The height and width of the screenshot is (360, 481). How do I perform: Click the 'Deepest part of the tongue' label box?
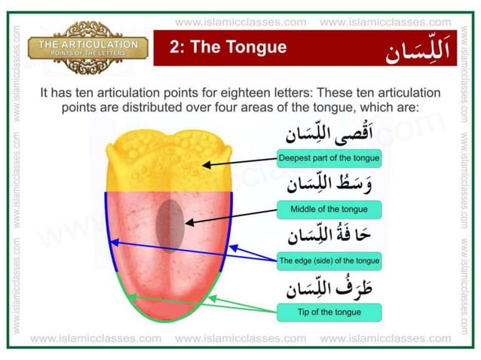(328, 159)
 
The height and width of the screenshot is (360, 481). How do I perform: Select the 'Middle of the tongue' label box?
(328, 209)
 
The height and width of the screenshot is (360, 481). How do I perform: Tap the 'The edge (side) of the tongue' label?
(328, 261)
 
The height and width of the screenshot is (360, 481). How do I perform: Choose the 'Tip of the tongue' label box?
(328, 312)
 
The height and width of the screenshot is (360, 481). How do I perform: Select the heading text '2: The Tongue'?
(228, 47)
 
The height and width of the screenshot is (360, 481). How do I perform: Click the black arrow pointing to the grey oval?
(230, 216)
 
